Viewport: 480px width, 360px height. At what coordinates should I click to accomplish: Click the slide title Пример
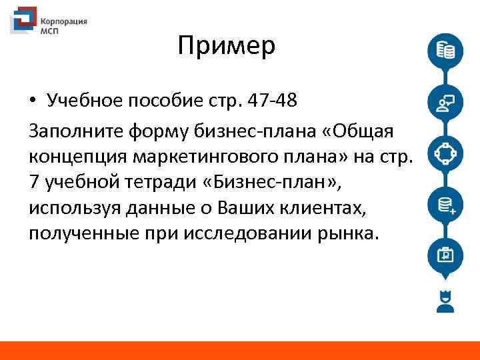coord(227,46)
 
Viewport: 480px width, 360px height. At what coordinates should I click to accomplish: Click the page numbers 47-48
coord(270,101)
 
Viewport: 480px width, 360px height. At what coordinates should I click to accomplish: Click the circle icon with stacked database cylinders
coord(445,51)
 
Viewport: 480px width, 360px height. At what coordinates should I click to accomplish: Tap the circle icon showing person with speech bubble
coord(445,102)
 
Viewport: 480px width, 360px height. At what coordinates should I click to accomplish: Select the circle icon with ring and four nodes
coord(445,153)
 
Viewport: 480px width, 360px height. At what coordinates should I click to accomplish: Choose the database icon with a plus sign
coord(445,205)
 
